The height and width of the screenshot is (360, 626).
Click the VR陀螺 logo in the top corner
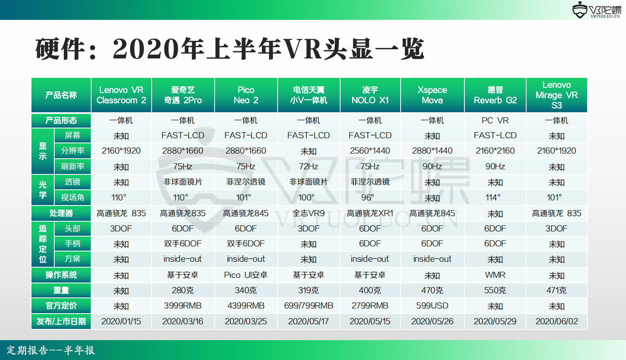[596, 10]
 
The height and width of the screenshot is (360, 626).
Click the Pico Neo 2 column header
[246, 95]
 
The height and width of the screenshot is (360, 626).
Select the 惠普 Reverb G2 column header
[495, 95]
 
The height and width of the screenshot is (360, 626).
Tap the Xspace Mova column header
[433, 95]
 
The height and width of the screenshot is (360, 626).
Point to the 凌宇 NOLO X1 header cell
[370, 95]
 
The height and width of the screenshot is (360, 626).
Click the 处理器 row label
[61, 213]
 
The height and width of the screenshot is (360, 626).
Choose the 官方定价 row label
[61, 306]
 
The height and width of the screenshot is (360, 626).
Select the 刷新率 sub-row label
[73, 167]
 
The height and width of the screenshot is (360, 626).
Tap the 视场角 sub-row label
[73, 198]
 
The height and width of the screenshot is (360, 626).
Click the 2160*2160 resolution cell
[495, 151]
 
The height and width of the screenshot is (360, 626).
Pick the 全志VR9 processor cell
[309, 213]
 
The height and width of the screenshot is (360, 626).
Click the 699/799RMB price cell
[309, 306]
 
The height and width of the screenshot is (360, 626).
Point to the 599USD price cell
[433, 306]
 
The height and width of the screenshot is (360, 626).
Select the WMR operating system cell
[495, 275]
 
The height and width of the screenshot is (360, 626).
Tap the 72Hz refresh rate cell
[309, 167]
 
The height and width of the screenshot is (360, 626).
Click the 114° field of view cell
[493, 198]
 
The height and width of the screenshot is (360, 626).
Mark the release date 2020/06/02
[557, 321]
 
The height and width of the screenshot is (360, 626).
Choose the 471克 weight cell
[557, 290]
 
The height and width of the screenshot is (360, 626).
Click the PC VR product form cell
[495, 121]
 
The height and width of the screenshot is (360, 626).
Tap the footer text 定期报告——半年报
[51, 350]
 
